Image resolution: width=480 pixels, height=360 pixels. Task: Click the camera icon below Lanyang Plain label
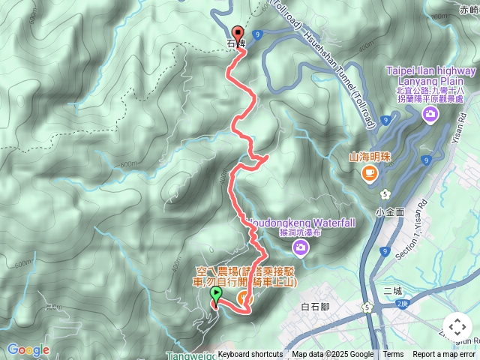click(430, 113)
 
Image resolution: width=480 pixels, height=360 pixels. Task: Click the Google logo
click(28, 349)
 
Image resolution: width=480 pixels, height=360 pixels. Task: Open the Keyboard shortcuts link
click(250, 355)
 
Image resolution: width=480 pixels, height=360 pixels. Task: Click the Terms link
click(393, 355)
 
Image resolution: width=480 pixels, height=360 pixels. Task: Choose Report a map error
click(444, 355)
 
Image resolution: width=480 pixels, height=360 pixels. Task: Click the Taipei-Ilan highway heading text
click(431, 70)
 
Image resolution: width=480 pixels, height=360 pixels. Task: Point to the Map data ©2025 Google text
click(332, 355)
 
